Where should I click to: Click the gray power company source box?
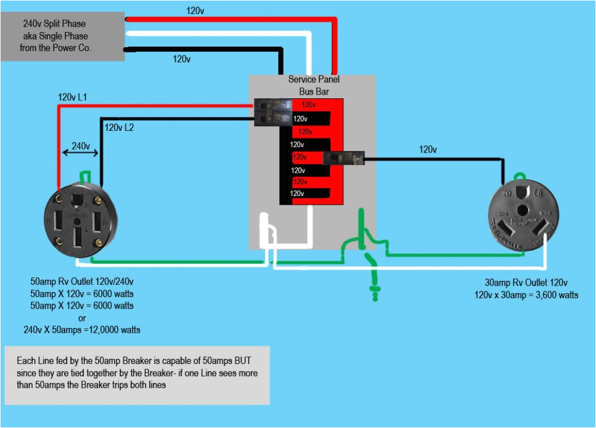tap(63, 36)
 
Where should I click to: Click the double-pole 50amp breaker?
tap(274, 112)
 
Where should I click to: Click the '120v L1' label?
tap(73, 97)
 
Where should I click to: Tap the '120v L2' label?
tap(119, 127)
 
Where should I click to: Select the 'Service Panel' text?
tap(314, 79)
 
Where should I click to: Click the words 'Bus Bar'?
tap(314, 91)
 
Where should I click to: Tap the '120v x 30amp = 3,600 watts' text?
tap(526, 295)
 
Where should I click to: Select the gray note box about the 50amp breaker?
tap(137, 374)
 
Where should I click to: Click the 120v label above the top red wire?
tap(195, 10)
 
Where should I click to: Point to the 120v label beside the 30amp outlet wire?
tap(428, 149)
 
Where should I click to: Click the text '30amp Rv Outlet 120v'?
tap(526, 283)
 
